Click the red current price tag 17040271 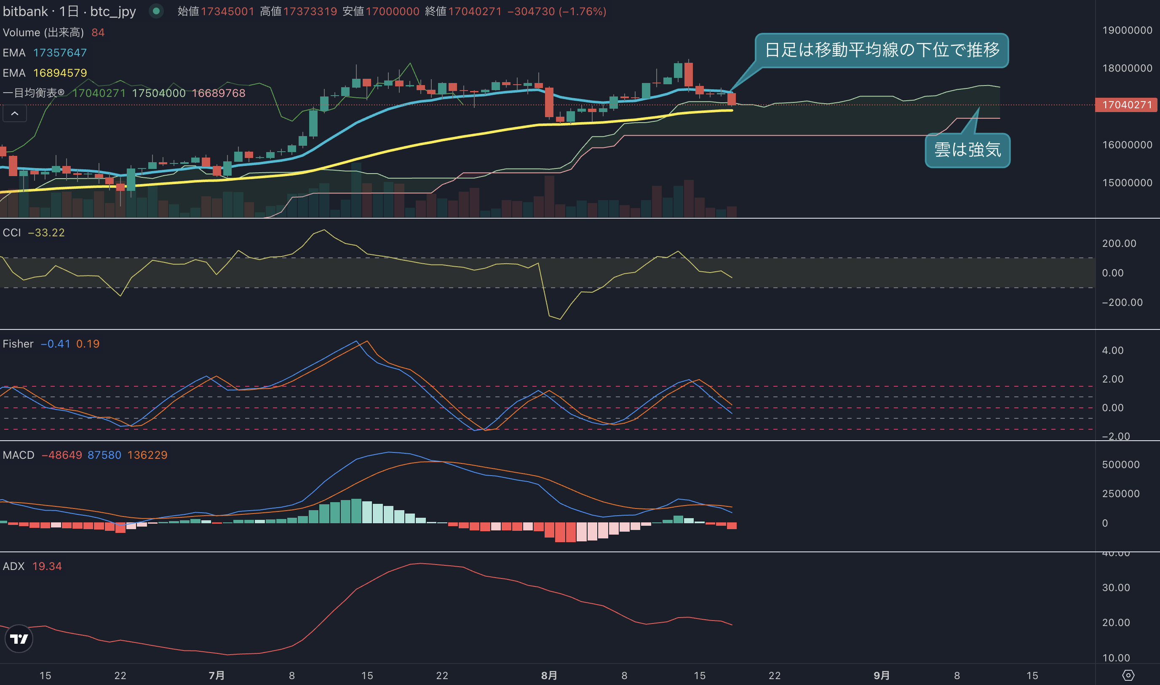click(x=1126, y=105)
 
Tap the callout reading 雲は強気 click(x=968, y=150)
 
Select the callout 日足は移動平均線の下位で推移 click(x=882, y=50)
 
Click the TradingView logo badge click(x=19, y=639)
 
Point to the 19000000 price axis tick click(x=1127, y=30)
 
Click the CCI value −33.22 click(x=46, y=233)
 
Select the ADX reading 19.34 click(x=47, y=566)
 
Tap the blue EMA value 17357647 click(x=60, y=53)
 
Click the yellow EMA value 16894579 click(x=60, y=73)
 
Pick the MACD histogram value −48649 click(x=62, y=455)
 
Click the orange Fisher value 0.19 click(x=88, y=344)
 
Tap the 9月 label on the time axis click(x=881, y=675)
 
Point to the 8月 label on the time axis click(x=549, y=675)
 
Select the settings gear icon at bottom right click(x=1128, y=675)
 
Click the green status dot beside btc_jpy click(x=156, y=11)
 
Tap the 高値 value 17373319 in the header click(x=310, y=11)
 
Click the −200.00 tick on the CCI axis click(x=1122, y=302)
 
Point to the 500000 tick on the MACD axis click(x=1121, y=465)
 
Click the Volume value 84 click(x=98, y=32)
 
